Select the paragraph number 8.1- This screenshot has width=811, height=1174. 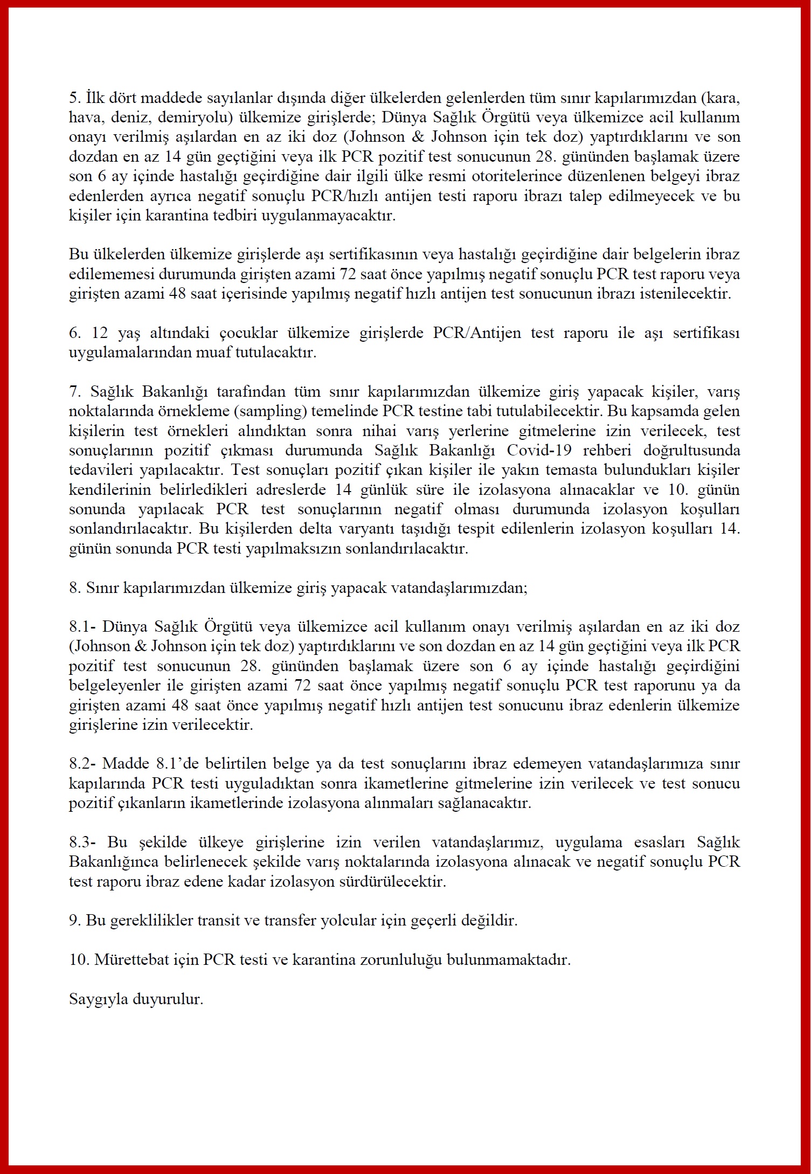coord(82,627)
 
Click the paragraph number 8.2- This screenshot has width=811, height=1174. coord(82,764)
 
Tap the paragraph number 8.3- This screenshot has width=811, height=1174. coord(82,842)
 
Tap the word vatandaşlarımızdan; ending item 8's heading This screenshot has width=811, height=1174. coord(467,588)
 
